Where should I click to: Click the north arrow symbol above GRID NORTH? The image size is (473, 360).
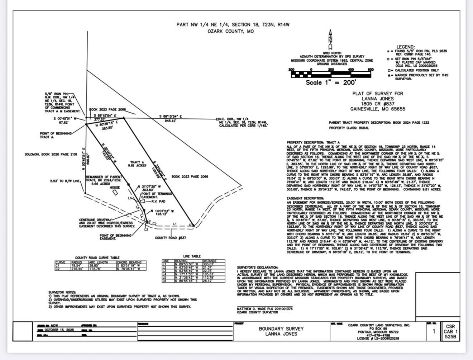330,40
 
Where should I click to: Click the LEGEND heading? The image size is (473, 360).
405,47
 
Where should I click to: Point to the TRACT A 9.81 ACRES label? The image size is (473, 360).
138,164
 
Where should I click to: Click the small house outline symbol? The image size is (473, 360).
115,193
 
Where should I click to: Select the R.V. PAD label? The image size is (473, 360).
158,202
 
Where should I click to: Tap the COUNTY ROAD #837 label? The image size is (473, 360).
170,238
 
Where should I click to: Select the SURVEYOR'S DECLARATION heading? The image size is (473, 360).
257,267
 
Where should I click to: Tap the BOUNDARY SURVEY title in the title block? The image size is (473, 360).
281,328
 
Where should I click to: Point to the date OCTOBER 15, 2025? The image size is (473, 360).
59,330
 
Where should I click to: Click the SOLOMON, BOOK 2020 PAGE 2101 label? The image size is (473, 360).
51,155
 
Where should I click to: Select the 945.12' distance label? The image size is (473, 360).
170,121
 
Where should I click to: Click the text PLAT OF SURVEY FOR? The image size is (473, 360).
377,94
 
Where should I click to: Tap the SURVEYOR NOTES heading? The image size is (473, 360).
62,293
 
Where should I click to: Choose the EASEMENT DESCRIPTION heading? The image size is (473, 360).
305,198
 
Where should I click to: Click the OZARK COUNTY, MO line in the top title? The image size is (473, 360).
230,31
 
